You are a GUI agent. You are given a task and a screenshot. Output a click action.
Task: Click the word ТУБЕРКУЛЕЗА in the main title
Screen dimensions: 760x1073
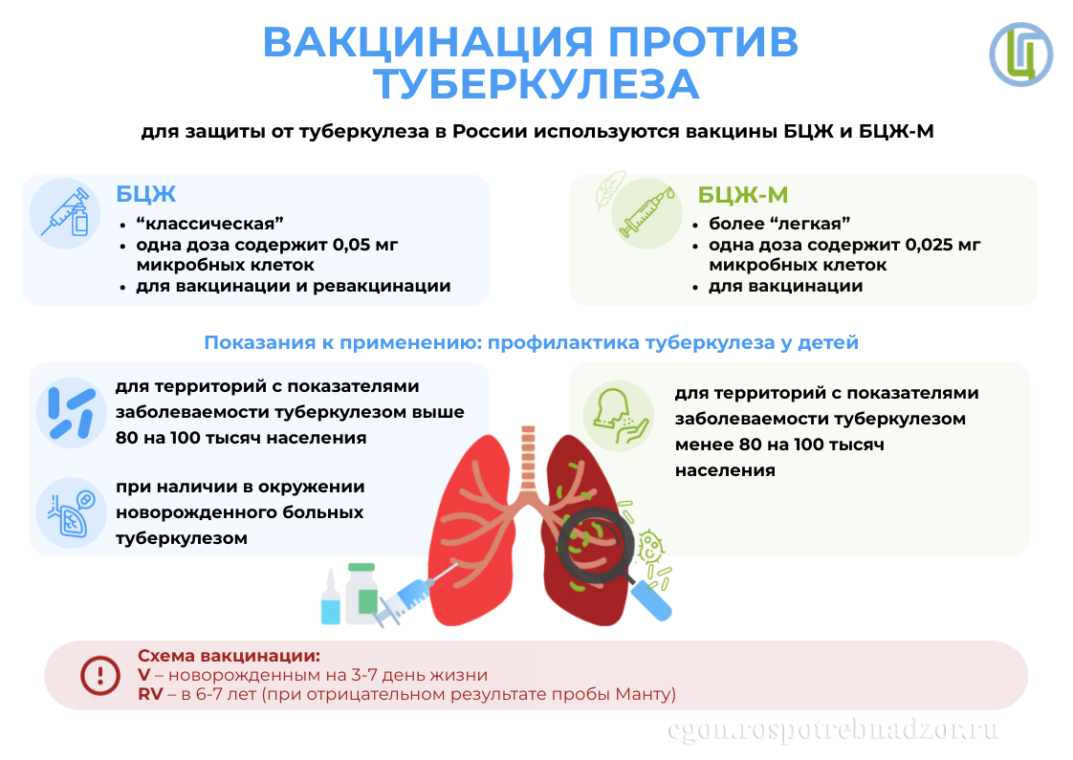click(x=536, y=84)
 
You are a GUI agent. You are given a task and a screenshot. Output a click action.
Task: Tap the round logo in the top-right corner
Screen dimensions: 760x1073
click(x=1020, y=54)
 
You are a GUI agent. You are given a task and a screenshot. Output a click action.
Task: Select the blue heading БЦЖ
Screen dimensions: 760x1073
click(x=146, y=194)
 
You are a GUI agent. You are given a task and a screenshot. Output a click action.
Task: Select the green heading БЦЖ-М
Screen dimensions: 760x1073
click(x=742, y=195)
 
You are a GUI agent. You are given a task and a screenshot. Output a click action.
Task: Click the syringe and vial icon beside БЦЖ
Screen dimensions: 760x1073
click(x=65, y=212)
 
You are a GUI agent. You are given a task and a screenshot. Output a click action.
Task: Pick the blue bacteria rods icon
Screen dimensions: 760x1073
click(x=69, y=412)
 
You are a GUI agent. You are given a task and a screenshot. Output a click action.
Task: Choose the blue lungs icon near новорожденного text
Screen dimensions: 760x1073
click(x=69, y=512)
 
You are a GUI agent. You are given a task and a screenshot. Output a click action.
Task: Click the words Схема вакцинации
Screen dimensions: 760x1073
click(x=229, y=656)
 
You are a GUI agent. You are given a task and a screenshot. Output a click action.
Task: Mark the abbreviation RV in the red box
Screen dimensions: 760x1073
click(x=150, y=694)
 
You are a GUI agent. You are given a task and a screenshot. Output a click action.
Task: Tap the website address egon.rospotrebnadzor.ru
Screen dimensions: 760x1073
click(x=833, y=730)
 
